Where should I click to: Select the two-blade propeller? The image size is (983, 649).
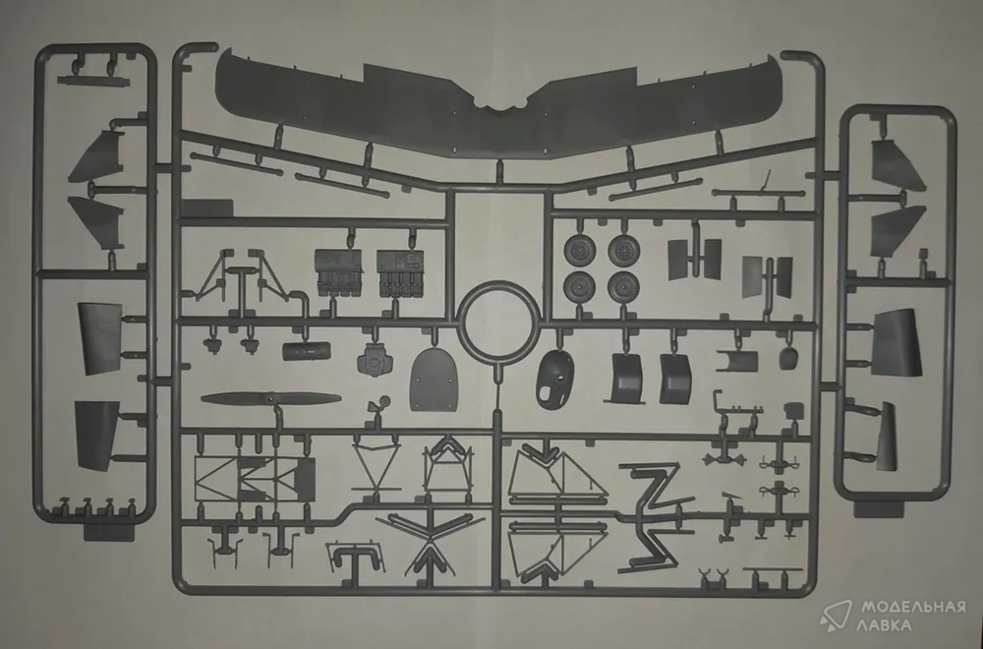tap(271, 398)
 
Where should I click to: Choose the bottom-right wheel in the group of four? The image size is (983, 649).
tap(623, 286)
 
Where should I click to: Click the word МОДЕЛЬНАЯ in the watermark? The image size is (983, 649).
tap(913, 607)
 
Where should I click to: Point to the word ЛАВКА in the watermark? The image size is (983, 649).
tap(886, 625)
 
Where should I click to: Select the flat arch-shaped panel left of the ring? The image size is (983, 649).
tap(432, 380)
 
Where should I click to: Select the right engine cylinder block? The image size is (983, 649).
tap(401, 272)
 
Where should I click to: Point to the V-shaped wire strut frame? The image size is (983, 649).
tap(376, 465)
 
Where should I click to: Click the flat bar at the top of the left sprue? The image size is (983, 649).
tap(89, 81)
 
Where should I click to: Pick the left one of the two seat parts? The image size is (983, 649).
tap(624, 379)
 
